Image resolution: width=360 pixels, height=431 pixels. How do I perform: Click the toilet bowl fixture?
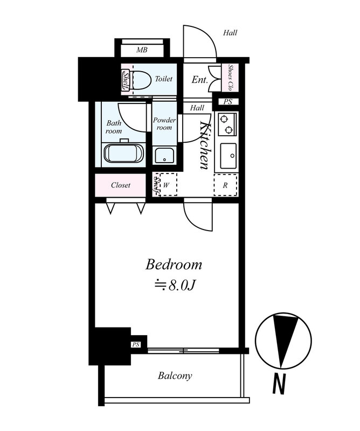coord(140,80)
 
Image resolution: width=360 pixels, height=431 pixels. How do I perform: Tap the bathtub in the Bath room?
coord(124,154)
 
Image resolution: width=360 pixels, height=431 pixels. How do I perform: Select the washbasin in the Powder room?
coord(164,155)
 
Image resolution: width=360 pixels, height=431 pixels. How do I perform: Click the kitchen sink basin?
coord(229,156)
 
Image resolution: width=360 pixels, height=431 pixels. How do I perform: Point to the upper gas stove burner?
coord(224,119)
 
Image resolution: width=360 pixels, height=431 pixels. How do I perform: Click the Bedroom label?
coord(174,265)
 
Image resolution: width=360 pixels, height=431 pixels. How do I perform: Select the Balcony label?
coord(175,376)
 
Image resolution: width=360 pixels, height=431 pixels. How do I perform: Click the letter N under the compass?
coord(279,384)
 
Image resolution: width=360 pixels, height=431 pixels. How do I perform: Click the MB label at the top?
coord(142,50)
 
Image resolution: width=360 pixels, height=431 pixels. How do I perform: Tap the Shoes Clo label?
coord(230,78)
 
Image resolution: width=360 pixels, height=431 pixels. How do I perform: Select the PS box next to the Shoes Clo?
coord(228,102)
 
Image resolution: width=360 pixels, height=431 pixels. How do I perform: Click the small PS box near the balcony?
coord(136,344)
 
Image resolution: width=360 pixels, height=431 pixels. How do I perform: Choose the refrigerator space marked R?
coord(225,185)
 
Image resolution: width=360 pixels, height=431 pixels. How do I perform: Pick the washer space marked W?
coord(168,184)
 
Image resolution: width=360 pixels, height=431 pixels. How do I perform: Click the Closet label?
coord(121,185)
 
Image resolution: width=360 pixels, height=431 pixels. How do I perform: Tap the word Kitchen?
coord(204,145)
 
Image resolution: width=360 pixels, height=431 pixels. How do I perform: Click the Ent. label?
coord(199,80)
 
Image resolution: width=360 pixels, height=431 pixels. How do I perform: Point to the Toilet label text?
coord(164,79)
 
